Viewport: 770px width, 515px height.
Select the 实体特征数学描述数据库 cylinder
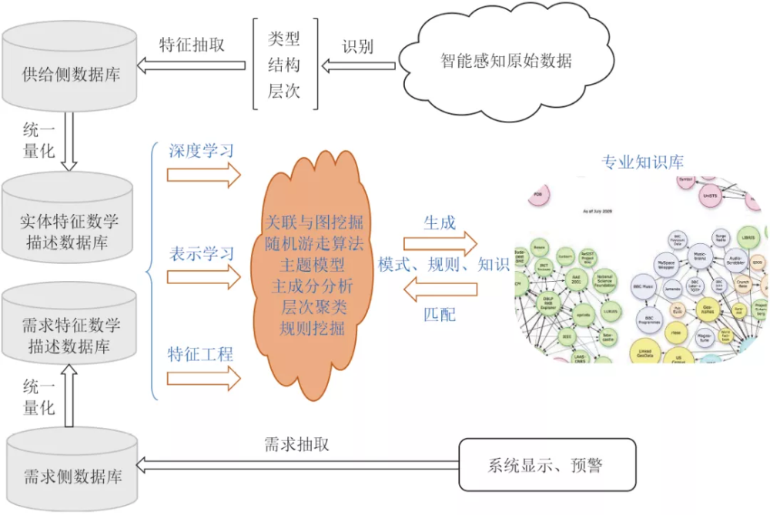tap(70, 224)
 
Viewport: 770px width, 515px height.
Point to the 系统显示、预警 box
tap(546, 465)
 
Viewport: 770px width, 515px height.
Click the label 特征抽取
tap(192, 44)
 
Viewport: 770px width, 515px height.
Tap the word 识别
tap(357, 45)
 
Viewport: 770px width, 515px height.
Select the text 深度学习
tap(202, 150)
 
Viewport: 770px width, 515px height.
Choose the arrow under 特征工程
tap(205, 380)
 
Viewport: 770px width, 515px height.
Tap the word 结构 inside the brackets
tap(283, 65)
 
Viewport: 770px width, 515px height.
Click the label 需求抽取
tap(297, 443)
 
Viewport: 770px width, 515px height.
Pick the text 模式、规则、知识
tap(444, 266)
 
